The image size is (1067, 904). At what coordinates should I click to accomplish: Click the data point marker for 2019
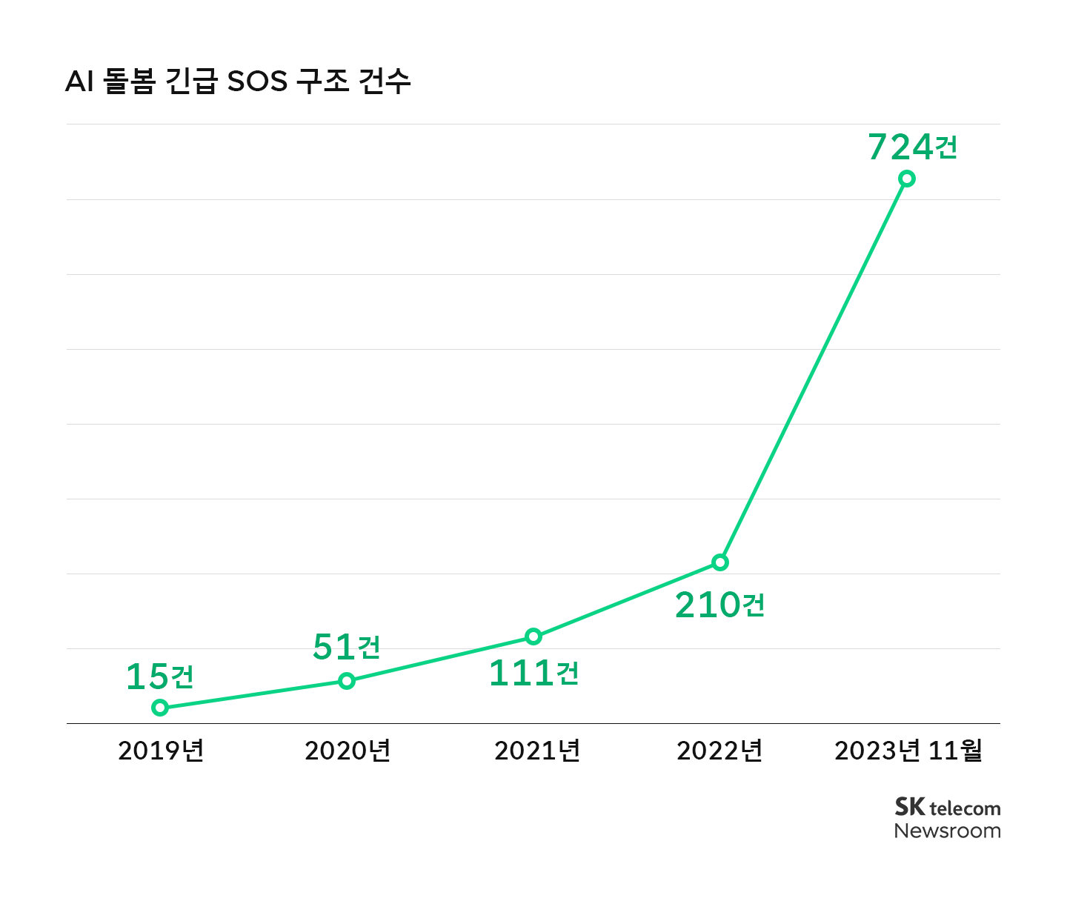point(160,708)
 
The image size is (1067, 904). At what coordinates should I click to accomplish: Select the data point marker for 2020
point(347,681)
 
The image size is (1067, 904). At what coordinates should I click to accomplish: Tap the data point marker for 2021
point(533,637)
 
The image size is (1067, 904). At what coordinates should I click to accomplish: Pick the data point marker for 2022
point(720,562)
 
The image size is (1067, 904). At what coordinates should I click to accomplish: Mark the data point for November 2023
point(907,179)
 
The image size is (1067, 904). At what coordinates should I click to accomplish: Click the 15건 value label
point(160,677)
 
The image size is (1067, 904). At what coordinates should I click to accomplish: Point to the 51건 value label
point(347,647)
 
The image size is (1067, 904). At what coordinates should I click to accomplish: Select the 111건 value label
point(533,674)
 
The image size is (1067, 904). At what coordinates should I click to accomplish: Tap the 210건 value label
point(720,605)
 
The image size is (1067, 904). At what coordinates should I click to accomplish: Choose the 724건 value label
point(913,147)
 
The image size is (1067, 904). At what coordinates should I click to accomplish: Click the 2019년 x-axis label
point(161,751)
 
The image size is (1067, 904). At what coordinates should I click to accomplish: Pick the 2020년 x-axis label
point(348,751)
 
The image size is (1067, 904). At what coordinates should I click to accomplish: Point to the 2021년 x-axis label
point(537,751)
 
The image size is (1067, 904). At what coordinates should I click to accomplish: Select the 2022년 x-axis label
point(719,751)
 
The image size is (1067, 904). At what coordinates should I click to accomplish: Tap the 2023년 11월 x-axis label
point(908,751)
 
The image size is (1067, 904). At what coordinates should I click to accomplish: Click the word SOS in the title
point(257,82)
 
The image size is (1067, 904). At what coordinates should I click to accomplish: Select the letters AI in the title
point(79,82)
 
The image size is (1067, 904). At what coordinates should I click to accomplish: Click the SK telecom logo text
point(947,807)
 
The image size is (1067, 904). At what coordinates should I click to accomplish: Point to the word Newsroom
point(947,831)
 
